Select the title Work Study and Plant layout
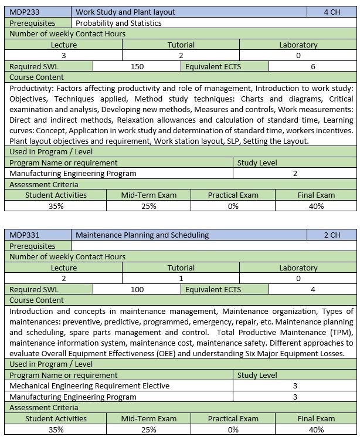click(125, 12)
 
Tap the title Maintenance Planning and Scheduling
click(142, 235)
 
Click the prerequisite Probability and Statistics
click(118, 23)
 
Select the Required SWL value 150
click(137, 66)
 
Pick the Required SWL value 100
click(137, 289)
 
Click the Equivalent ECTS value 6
click(313, 66)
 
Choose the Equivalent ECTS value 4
click(313, 289)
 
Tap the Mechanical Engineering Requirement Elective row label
click(90, 385)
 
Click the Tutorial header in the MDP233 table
click(181, 45)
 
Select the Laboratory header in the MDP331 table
click(298, 268)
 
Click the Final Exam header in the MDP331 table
click(317, 418)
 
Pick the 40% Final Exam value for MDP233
click(317, 206)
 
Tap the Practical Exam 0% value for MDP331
click(233, 430)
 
